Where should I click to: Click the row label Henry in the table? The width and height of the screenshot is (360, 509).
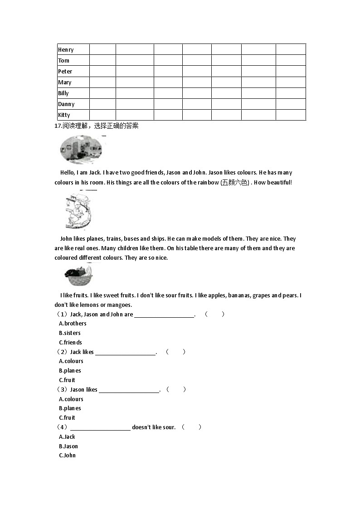[66, 49]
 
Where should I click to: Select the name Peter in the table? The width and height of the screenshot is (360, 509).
[65, 71]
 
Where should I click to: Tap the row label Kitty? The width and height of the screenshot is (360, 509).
[64, 115]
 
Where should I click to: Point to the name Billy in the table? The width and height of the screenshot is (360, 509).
[63, 93]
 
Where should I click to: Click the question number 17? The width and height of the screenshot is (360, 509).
[58, 126]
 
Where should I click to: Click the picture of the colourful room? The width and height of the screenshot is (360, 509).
[81, 150]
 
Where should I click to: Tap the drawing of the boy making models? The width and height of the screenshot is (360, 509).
[78, 210]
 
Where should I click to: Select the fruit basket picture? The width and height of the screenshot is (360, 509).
[78, 275]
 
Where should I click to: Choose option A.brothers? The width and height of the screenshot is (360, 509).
[73, 323]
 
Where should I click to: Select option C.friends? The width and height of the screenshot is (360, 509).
[70, 342]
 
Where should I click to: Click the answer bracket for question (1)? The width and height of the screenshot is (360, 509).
[214, 314]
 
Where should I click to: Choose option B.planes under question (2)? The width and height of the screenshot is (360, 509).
[70, 370]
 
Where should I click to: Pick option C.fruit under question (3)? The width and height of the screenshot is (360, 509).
[67, 417]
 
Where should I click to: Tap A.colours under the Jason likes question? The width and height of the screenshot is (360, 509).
[71, 399]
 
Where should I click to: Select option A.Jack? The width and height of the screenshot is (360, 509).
[67, 436]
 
